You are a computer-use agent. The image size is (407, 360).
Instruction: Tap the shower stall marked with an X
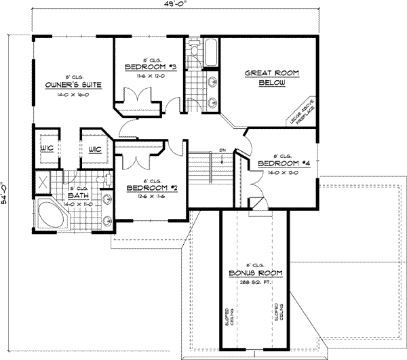[43, 182]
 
